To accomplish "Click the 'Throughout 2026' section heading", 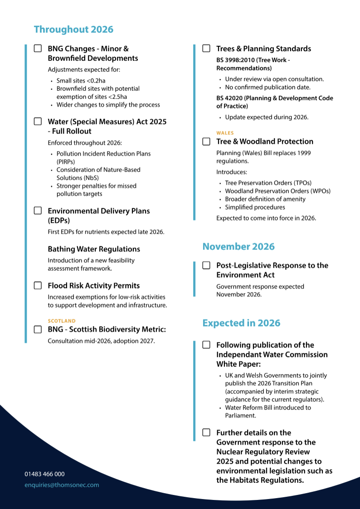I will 73,29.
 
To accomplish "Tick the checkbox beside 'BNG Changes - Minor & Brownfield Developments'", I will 38,49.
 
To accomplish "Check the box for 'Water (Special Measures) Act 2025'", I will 38,122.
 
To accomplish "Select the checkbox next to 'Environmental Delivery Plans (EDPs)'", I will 38,211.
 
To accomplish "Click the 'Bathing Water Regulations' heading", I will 94,249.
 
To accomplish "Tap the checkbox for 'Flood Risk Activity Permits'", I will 38,286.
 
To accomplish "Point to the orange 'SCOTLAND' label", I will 62,321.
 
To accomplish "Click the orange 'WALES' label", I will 225,133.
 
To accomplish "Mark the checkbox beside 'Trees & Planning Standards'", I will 206,49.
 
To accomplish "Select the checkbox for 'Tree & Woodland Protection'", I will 206,142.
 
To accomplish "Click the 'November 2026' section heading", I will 238,247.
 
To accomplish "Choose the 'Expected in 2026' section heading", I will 241,323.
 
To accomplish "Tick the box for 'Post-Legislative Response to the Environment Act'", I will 206,265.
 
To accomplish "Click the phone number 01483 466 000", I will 44,474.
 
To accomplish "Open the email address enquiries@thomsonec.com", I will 62,485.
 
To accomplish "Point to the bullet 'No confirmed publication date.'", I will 268,87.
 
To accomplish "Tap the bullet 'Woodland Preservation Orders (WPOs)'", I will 277,191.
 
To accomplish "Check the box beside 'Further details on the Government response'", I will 206,433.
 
